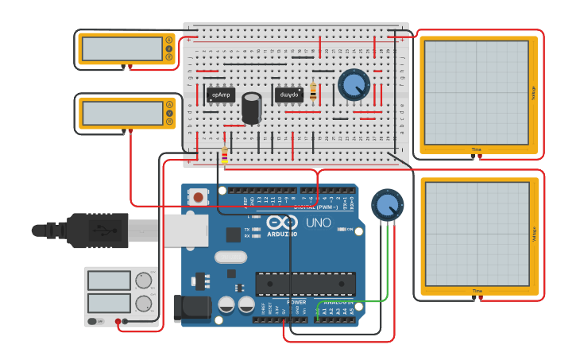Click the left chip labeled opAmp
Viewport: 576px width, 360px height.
(x=220, y=95)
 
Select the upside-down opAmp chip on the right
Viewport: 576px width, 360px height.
(x=289, y=94)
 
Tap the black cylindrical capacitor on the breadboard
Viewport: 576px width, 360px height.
(x=252, y=108)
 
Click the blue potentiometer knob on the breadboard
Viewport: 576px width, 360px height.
(x=354, y=85)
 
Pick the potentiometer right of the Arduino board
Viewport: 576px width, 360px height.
(x=387, y=204)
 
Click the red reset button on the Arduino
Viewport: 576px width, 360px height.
(x=198, y=195)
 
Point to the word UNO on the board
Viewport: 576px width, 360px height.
(x=319, y=223)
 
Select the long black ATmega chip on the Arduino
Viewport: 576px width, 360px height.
(x=305, y=283)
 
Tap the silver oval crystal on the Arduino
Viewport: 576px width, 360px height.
(x=230, y=257)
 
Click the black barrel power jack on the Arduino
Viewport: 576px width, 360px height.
(x=191, y=308)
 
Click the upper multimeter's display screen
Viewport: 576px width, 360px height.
(x=122, y=49)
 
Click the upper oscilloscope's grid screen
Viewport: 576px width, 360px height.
(x=476, y=93)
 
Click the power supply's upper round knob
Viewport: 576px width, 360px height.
(x=143, y=281)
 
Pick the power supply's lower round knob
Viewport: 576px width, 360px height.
(x=143, y=304)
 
